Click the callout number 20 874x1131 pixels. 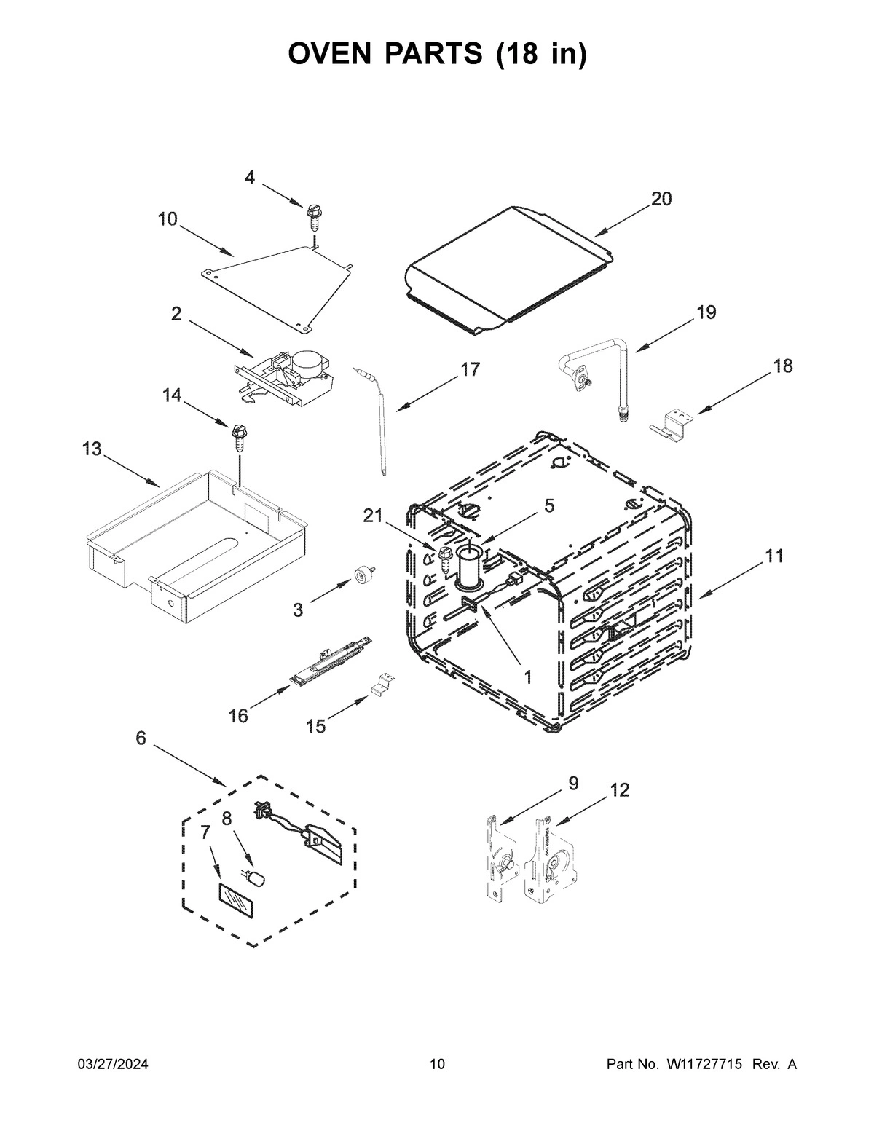tap(661, 199)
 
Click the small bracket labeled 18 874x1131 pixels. tap(670, 425)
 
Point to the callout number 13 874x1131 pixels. tap(92, 449)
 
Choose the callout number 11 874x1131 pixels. tap(774, 556)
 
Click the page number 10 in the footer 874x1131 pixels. tap(437, 1065)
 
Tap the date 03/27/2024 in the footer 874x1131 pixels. tap(113, 1065)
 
